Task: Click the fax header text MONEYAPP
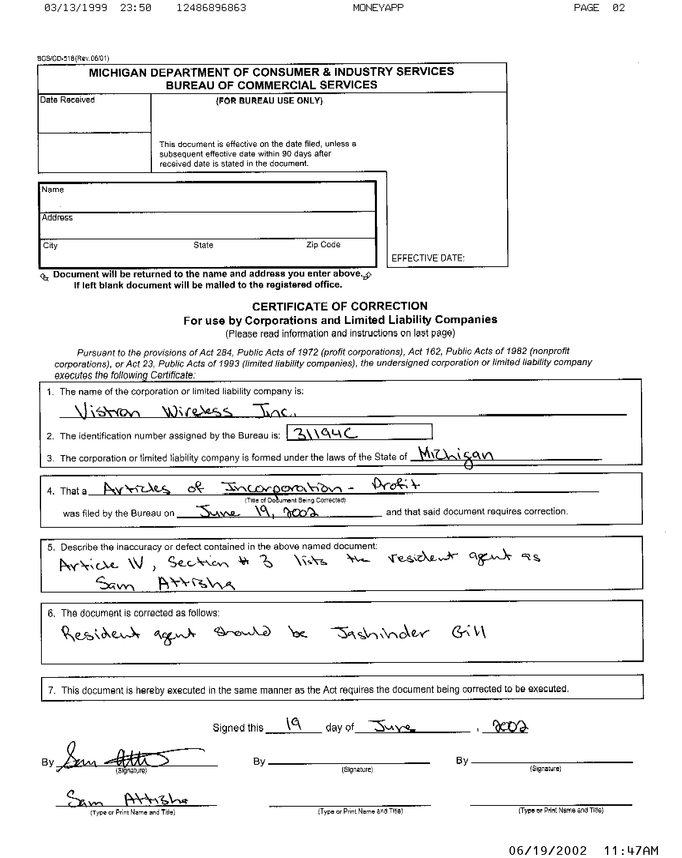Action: pos(378,8)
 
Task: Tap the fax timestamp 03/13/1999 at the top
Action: pos(75,8)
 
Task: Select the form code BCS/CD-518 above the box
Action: pos(56,58)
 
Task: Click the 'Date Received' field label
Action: pos(67,100)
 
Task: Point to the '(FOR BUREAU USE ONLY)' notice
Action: pos(269,101)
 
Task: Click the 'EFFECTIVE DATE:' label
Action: pos(427,258)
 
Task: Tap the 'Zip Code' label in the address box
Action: pos(323,245)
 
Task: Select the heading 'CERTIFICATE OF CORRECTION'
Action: pos(339,306)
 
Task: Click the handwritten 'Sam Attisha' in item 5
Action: pos(165,584)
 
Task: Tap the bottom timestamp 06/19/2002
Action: pos(547,850)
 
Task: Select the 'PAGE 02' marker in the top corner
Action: pos(599,8)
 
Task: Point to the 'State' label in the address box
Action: pos(203,245)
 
